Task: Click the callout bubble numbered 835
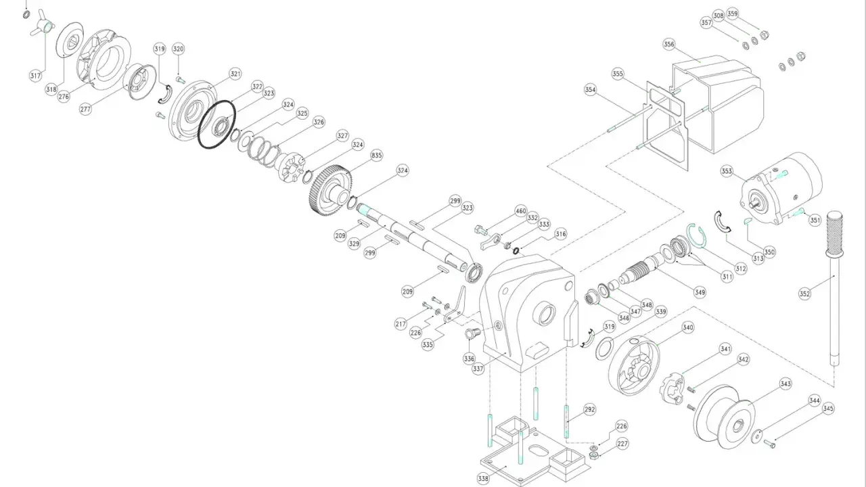coord(377,156)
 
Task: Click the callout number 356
coord(669,44)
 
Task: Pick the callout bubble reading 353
coord(727,171)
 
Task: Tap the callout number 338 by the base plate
coord(483,479)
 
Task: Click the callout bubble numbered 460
coord(521,211)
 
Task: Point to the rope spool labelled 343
coord(724,417)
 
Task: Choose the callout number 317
coord(35,76)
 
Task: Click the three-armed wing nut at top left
coord(42,24)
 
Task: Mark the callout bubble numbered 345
coord(828,409)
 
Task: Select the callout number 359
coord(733,14)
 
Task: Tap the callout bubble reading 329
coord(354,243)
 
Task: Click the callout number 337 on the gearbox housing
coord(478,369)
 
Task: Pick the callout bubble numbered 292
coord(589,409)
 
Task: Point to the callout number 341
coord(726,349)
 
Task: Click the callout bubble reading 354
coord(591,90)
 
